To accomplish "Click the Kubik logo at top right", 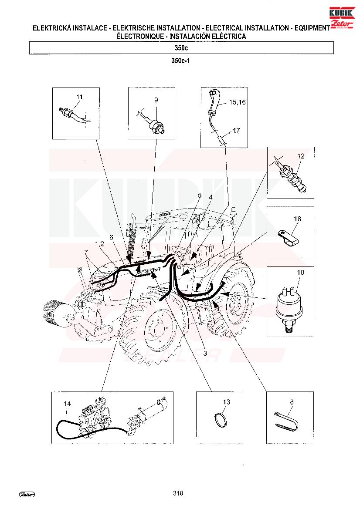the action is [342, 18].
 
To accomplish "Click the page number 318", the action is [178, 493].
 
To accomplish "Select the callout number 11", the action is [80, 97].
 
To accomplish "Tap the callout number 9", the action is [156, 100].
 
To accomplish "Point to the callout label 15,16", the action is [238, 102].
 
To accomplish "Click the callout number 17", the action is [237, 131].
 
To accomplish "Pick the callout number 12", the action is [301, 156].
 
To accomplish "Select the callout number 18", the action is [298, 219].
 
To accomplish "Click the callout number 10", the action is [301, 273].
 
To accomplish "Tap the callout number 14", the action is [67, 404].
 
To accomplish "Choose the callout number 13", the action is [227, 402].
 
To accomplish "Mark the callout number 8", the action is [292, 402].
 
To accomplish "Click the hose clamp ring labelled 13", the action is [222, 419].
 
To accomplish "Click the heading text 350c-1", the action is [180, 61].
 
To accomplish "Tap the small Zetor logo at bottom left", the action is [27, 494].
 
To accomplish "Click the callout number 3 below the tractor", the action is [205, 354].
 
